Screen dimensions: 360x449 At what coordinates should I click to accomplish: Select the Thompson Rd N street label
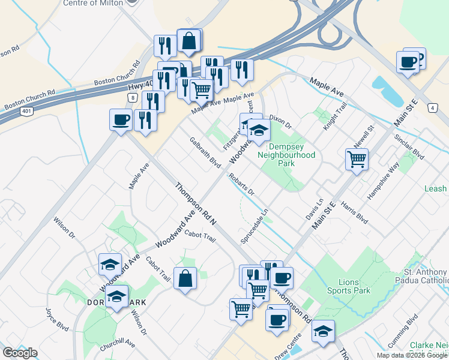pyautogui.click(x=196, y=205)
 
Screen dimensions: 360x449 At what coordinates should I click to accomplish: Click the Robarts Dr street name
pyautogui.click(x=241, y=185)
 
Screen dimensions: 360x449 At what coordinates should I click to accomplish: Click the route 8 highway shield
pyautogui.click(x=132, y=96)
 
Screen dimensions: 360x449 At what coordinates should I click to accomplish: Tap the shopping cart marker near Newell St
pyautogui.click(x=357, y=160)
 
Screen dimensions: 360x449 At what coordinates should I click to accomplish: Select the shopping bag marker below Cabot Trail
pyautogui.click(x=185, y=278)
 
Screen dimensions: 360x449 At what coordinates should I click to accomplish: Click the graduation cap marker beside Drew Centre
pyautogui.click(x=323, y=331)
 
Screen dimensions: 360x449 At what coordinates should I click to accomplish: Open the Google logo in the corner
pyautogui.click(x=20, y=353)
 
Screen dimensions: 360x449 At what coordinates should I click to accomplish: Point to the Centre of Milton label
pyautogui.click(x=93, y=3)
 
